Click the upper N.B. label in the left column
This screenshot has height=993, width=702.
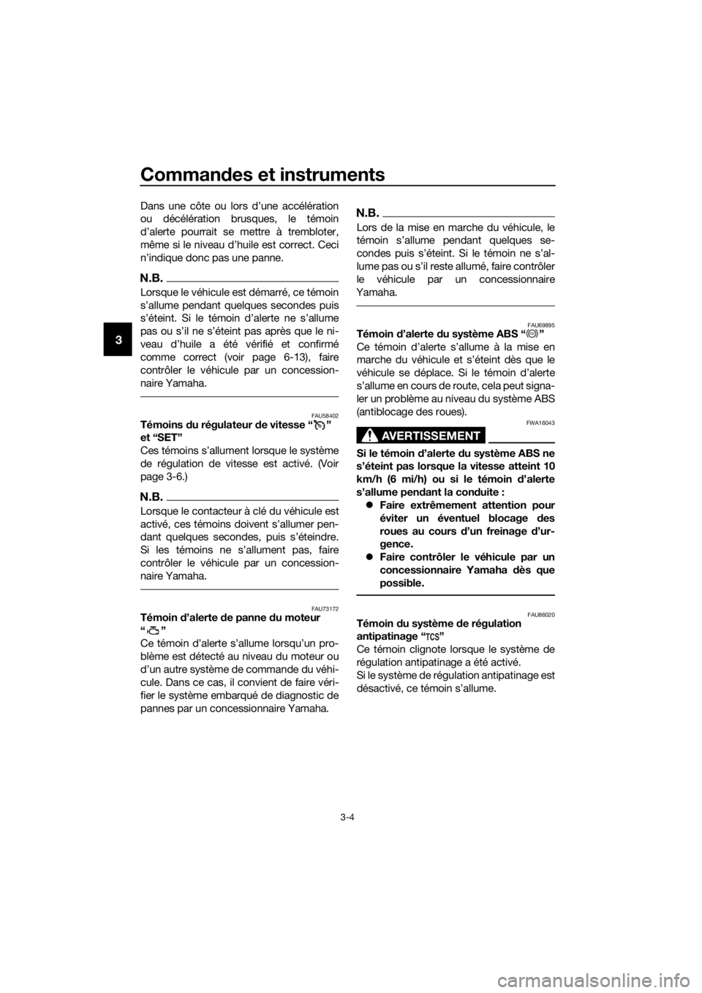(151, 278)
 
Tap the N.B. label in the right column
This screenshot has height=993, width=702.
(367, 213)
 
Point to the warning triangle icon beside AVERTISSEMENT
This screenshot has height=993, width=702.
(369, 436)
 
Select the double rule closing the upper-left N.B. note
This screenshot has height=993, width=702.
(239, 396)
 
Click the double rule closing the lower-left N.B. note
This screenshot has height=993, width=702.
(239, 586)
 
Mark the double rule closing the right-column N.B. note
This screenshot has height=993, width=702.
(456, 304)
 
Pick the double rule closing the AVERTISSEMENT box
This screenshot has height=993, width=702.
(456, 595)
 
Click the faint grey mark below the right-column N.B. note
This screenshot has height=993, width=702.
(532, 334)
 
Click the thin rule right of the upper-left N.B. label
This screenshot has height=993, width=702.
(253, 279)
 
